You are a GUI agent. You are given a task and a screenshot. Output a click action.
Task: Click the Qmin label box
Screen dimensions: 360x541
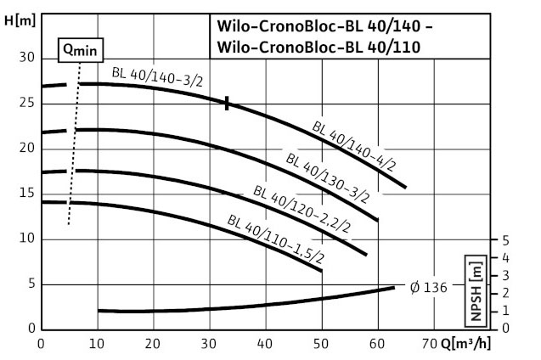tap(79, 50)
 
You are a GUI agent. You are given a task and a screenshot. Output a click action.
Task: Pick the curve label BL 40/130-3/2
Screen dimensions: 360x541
tap(327, 177)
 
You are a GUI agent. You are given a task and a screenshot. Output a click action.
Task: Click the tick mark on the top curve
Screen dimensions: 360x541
tap(228, 103)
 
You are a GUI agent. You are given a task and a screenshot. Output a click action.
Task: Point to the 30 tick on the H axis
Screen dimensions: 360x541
tap(26, 58)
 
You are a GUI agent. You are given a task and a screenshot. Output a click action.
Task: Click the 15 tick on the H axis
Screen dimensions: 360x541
tap(26, 194)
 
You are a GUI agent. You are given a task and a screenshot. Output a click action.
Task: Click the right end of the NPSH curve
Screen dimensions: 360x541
tap(393, 288)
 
